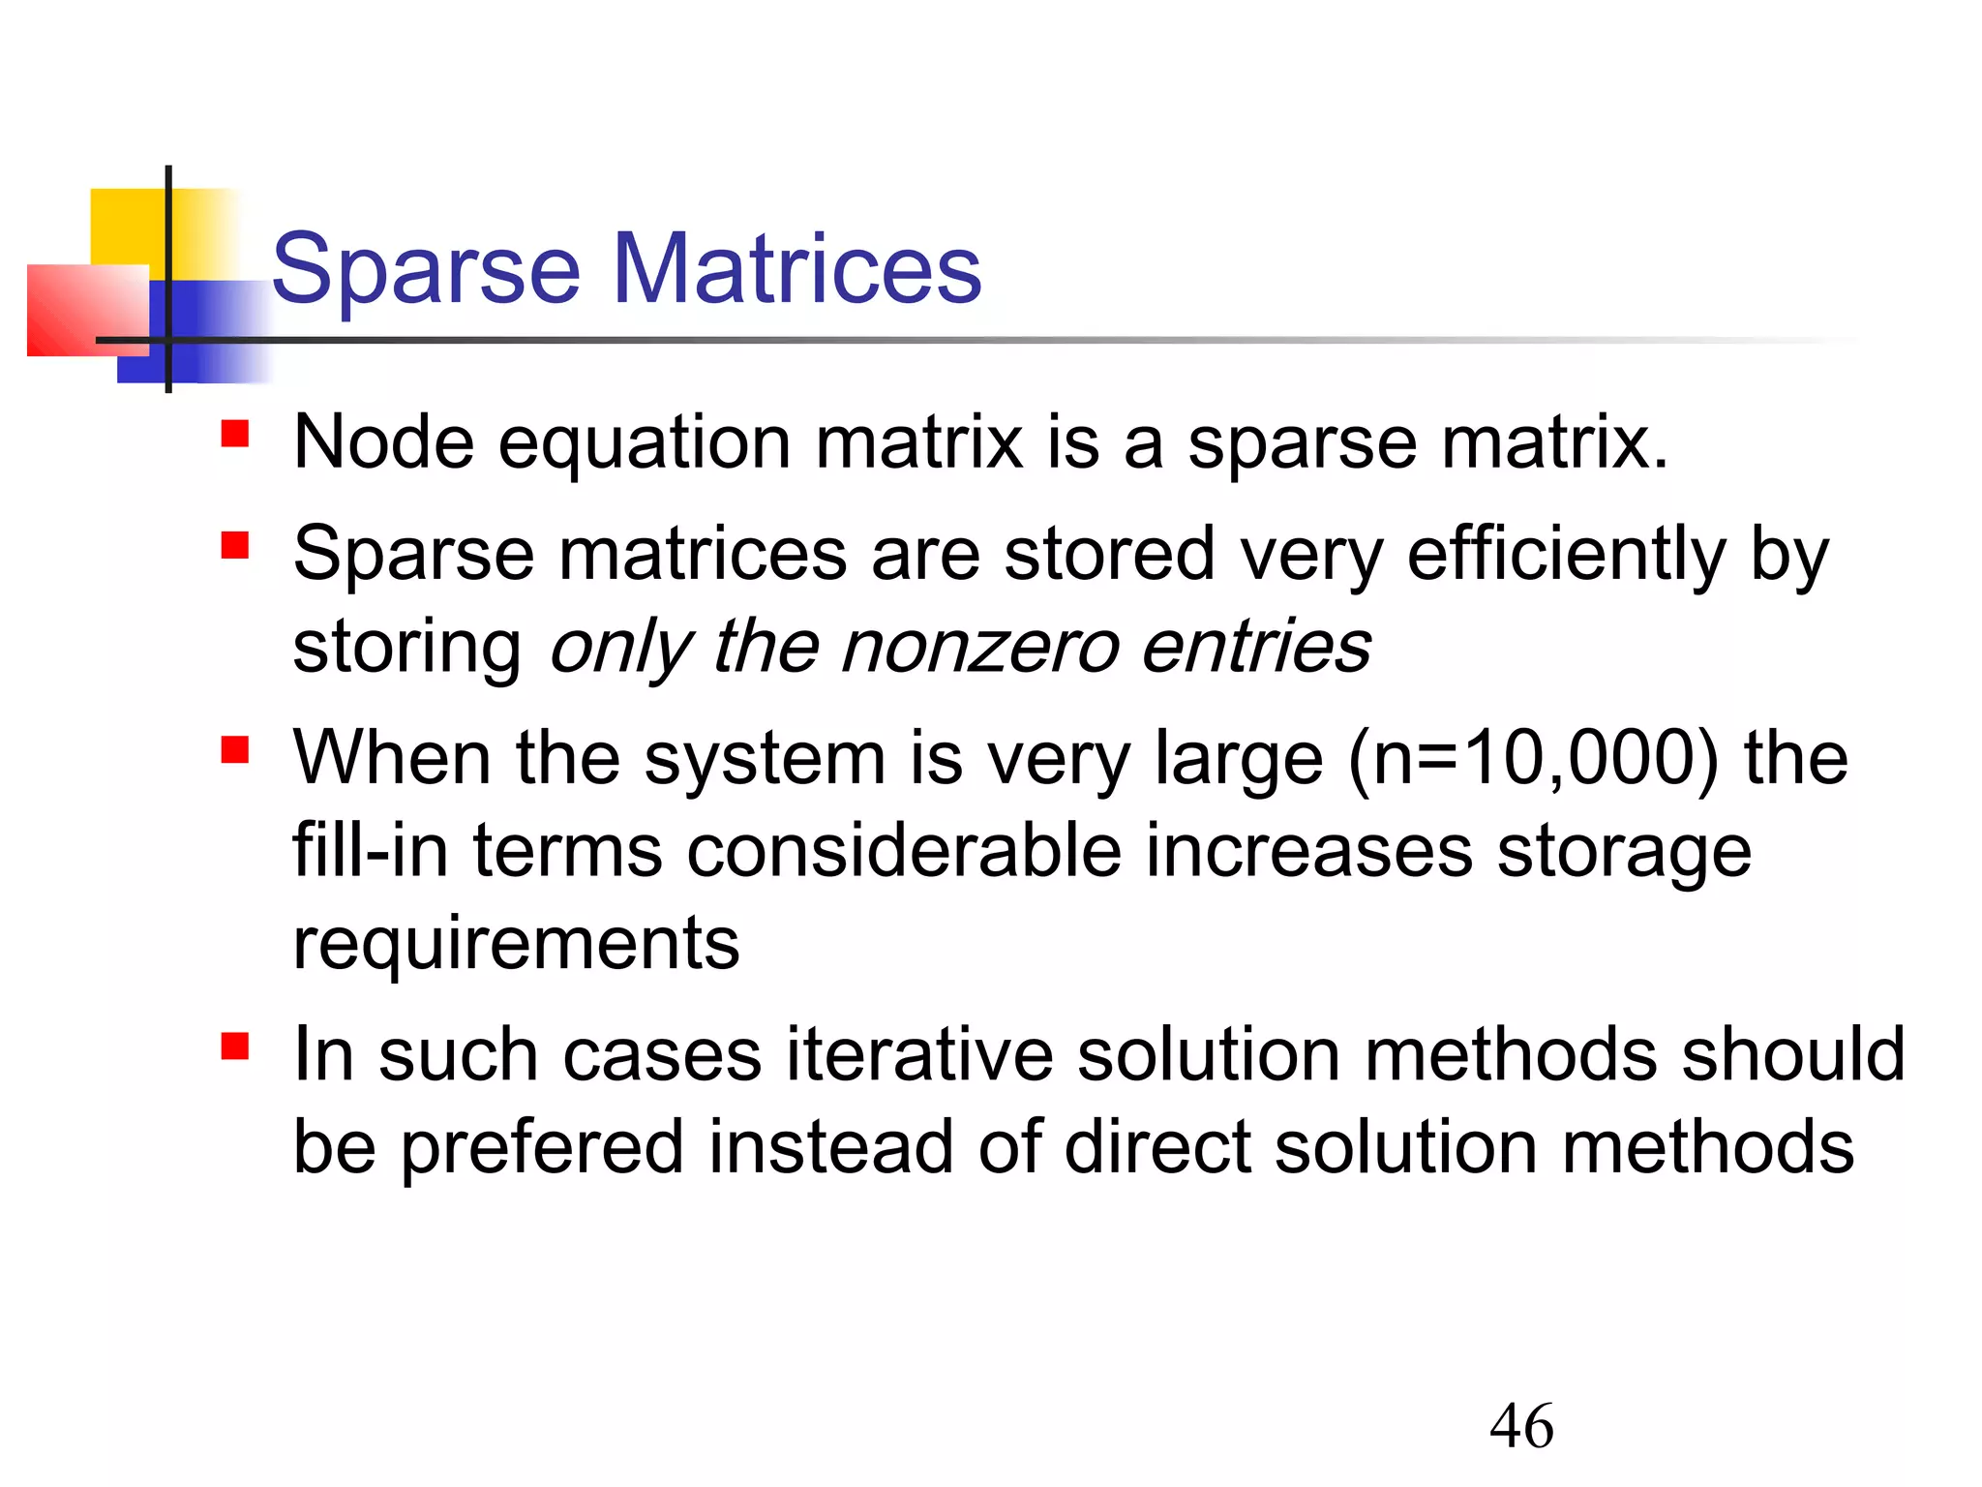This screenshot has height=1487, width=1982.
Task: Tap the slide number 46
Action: click(1521, 1426)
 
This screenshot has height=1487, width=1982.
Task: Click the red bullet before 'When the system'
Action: click(235, 749)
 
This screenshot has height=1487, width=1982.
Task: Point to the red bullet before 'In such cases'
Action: click(235, 1046)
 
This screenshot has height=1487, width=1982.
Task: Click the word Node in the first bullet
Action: click(383, 442)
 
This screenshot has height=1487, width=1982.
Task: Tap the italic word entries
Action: click(1256, 647)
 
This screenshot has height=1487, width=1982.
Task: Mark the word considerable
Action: click(904, 851)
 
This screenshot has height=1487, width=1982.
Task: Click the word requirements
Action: click(516, 944)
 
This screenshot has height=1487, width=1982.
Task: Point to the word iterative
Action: click(919, 1054)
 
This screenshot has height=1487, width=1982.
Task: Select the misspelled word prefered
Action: click(541, 1147)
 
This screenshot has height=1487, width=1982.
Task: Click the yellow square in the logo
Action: click(126, 228)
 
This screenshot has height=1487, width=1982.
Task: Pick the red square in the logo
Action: click(82, 310)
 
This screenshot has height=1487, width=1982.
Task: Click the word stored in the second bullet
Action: click(1109, 554)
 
